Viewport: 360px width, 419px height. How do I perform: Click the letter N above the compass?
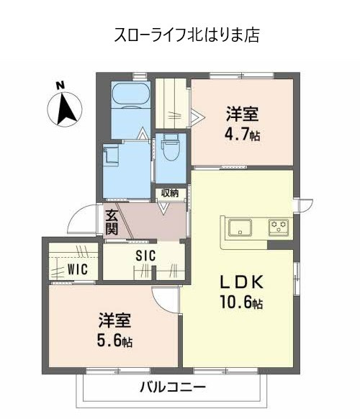click(61, 86)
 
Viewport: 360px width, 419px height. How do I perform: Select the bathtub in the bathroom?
click(130, 95)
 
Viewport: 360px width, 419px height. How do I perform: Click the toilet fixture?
click(170, 149)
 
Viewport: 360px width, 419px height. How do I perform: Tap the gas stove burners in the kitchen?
click(279, 227)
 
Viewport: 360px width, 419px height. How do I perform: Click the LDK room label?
click(235, 281)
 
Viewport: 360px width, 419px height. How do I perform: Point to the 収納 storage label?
click(170, 192)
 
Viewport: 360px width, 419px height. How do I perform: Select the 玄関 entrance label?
click(112, 221)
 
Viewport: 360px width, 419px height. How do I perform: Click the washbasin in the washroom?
click(114, 156)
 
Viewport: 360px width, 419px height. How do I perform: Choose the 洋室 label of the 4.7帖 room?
click(242, 114)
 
